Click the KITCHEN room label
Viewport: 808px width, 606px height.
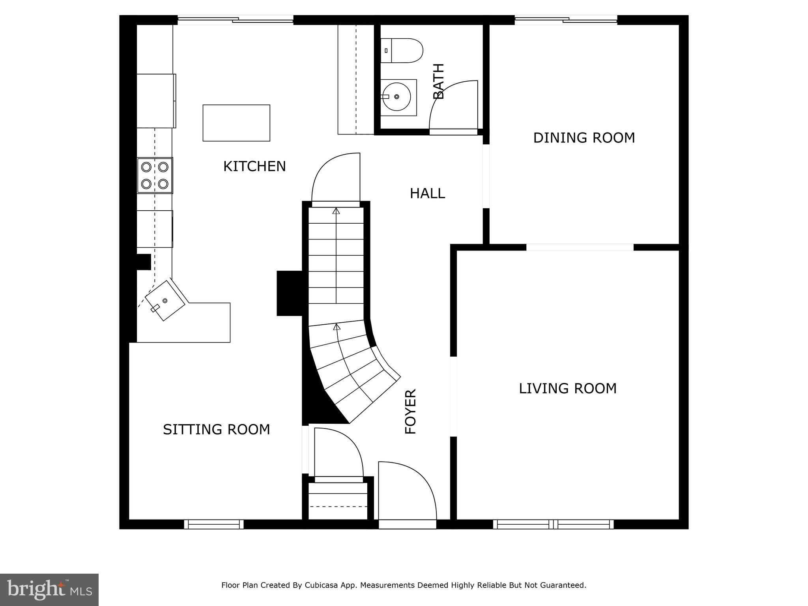pos(254,166)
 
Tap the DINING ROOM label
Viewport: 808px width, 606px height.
pos(584,138)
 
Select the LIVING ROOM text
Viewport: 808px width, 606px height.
pos(567,389)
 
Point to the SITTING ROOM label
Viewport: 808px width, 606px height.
pos(216,429)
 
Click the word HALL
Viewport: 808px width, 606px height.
pos(427,193)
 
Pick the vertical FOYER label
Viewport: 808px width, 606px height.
pos(411,412)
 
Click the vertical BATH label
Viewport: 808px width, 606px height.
pos(438,81)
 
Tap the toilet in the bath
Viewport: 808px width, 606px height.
pos(402,50)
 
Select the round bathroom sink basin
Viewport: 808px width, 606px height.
pos(397,97)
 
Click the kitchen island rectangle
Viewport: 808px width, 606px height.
pos(236,123)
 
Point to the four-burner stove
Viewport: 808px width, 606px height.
pos(155,175)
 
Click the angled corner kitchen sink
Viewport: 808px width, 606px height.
pos(165,301)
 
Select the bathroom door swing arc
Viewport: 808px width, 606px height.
pos(454,105)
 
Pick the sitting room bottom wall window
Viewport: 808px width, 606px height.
pos(214,524)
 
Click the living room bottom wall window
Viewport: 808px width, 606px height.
pos(553,524)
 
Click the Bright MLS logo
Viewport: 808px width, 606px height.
pos(49,590)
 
